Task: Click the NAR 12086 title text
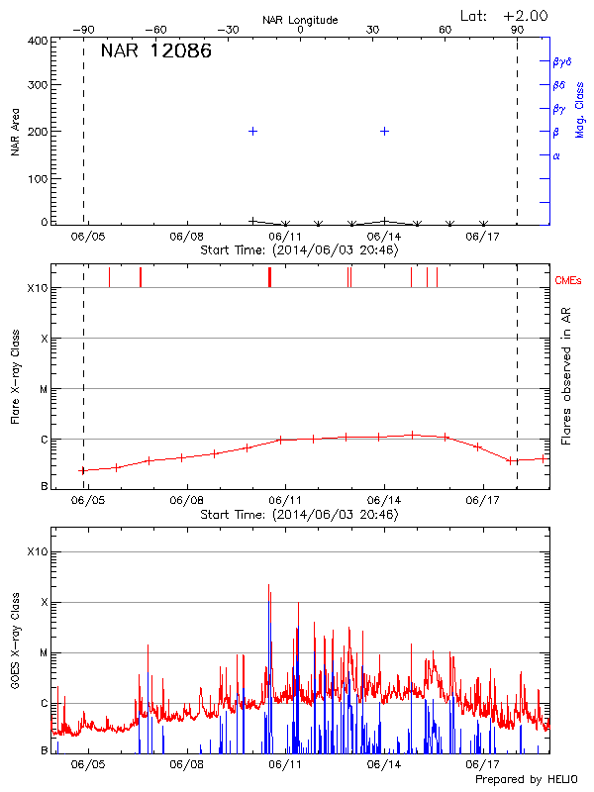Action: pyautogui.click(x=156, y=52)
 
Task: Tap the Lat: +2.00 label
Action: pyautogui.click(x=504, y=16)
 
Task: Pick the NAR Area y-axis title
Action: pyautogui.click(x=15, y=133)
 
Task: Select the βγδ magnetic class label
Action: pyautogui.click(x=561, y=61)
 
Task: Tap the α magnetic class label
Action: pyautogui.click(x=556, y=155)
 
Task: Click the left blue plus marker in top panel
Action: pyautogui.click(x=253, y=131)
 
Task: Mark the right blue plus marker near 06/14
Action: pyautogui.click(x=384, y=131)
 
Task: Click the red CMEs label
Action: pyautogui.click(x=568, y=282)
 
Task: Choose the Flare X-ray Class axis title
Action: pyautogui.click(x=15, y=375)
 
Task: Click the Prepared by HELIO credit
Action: pyautogui.click(x=527, y=780)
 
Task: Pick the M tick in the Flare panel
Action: pyautogui.click(x=44, y=389)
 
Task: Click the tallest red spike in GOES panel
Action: pyautogui.click(x=268, y=584)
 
